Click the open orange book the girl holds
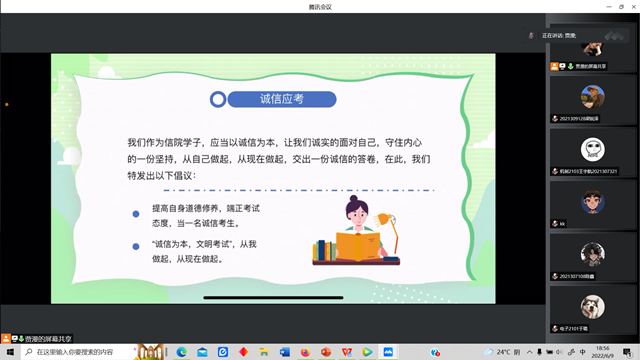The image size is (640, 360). coord(354,245)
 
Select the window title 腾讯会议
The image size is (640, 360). coord(320,6)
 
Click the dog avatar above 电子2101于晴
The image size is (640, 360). coord(592,306)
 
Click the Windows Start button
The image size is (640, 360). coord(7,352)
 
